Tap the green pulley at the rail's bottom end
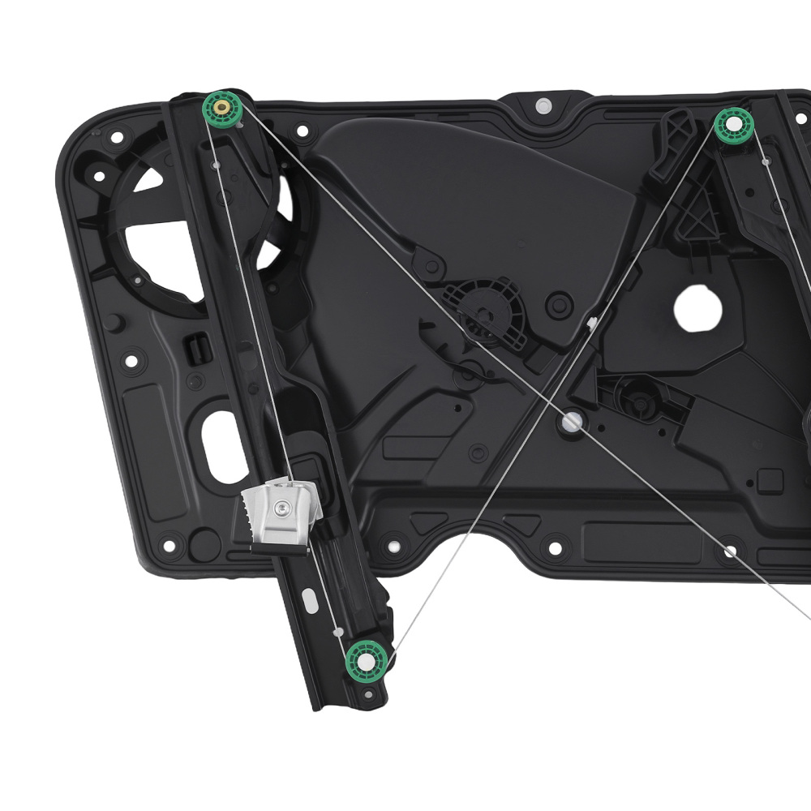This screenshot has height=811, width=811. [367, 660]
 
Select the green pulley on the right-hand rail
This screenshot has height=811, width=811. [734, 123]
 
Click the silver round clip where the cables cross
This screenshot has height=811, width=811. [572, 421]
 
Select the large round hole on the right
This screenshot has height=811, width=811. [697, 308]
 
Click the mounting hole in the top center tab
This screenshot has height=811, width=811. [543, 105]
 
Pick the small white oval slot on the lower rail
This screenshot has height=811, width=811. [311, 601]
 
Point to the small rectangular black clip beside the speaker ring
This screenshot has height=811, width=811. [197, 348]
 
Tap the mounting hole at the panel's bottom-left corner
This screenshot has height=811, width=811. [169, 545]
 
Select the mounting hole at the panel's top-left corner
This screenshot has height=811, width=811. [116, 137]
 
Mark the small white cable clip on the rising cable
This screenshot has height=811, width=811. [592, 322]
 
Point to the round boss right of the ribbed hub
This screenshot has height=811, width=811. [560, 305]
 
